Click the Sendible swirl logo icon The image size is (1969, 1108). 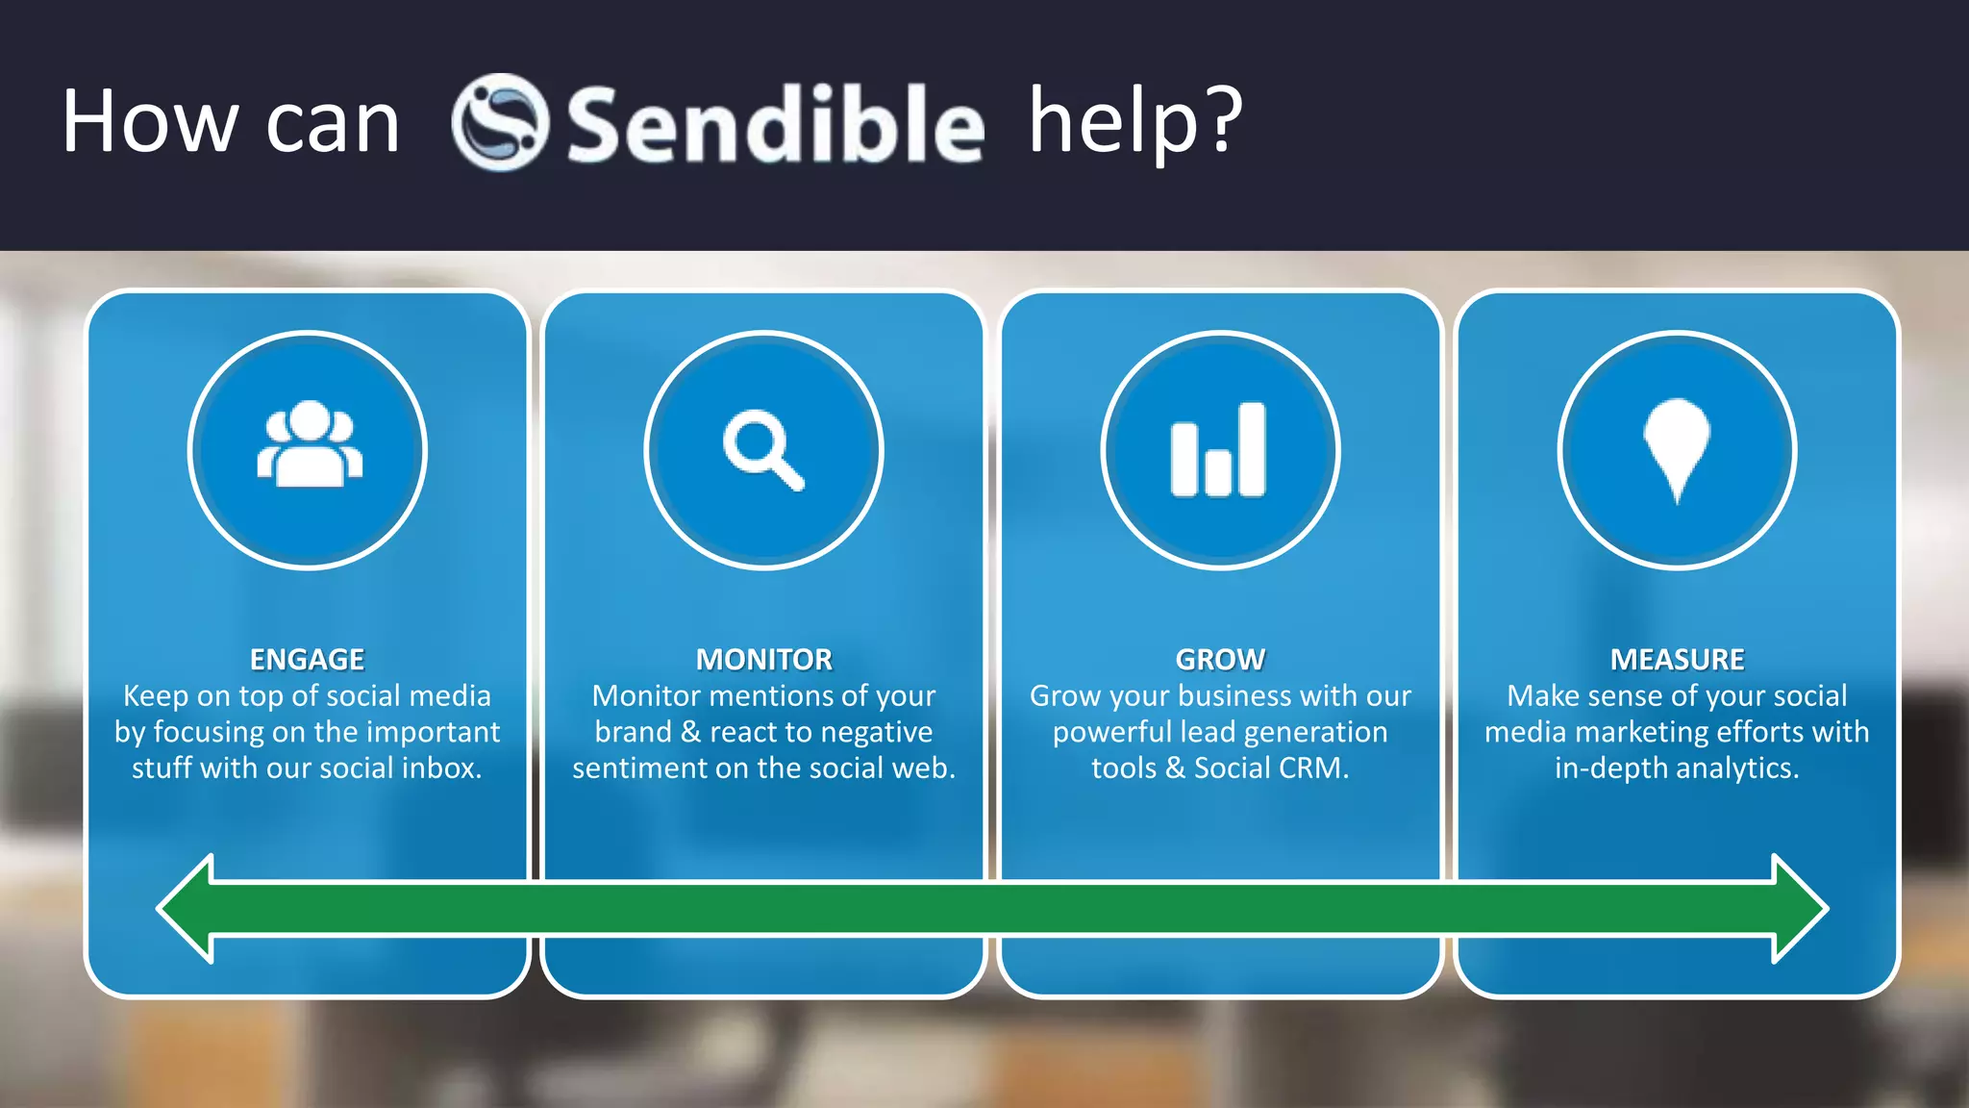[500, 122]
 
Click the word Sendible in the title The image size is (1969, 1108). [775, 125]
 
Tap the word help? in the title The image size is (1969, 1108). [1135, 122]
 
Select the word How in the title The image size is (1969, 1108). [149, 122]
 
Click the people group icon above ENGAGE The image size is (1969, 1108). [309, 444]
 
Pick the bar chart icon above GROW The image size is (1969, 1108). [1219, 450]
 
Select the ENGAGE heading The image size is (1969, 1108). [308, 660]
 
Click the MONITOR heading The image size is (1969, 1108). [764, 660]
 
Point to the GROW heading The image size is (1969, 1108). [1220, 660]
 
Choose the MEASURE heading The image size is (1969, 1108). [1677, 660]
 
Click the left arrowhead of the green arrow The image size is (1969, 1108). [187, 908]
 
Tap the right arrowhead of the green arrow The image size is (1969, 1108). [1798, 908]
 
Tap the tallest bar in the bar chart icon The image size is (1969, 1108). [1252, 449]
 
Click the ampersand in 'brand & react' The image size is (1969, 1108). [690, 732]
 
